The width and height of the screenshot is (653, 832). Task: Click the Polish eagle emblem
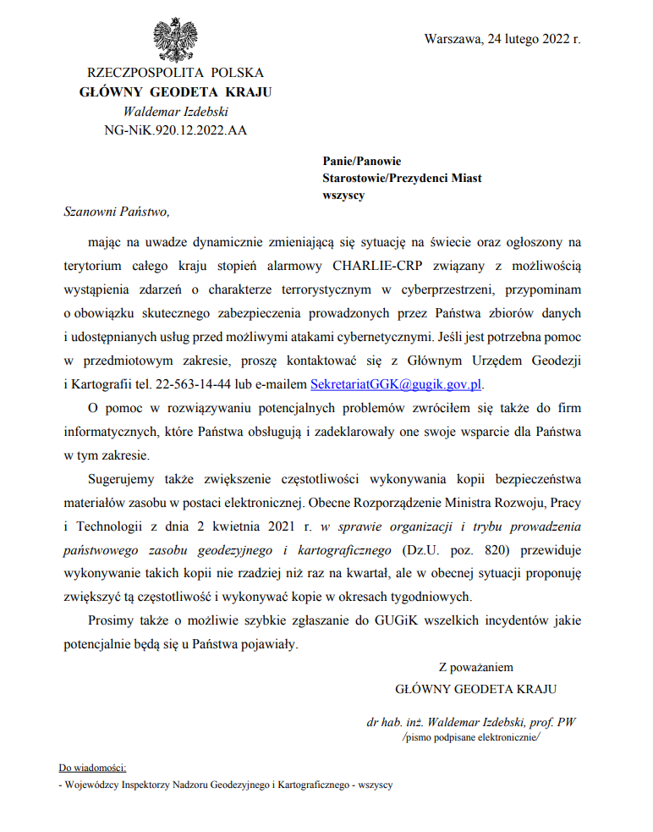(x=175, y=38)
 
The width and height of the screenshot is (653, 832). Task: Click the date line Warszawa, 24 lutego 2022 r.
(x=502, y=39)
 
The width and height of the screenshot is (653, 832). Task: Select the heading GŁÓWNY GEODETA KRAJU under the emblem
(x=175, y=92)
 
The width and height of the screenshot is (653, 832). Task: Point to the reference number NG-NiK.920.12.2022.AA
(x=175, y=129)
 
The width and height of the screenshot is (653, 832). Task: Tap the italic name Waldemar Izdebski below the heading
(x=175, y=111)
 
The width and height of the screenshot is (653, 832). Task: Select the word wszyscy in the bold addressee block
(x=343, y=195)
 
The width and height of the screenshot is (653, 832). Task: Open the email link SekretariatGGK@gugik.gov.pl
(x=396, y=383)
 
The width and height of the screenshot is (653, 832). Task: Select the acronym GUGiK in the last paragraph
(x=394, y=621)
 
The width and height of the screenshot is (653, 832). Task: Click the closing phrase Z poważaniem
(x=475, y=667)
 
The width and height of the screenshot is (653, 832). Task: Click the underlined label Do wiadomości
(x=91, y=768)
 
